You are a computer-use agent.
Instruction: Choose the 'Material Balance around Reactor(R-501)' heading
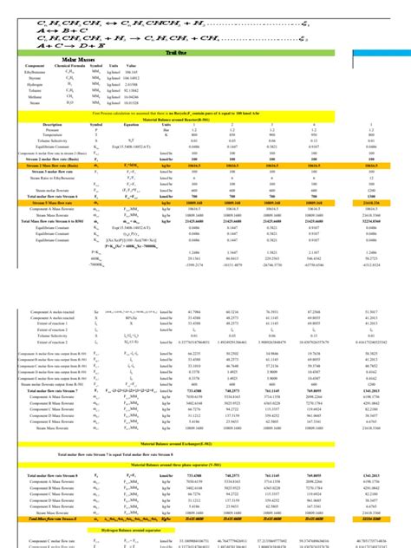point(205,119)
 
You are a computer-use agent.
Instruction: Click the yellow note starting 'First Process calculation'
point(205,113)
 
